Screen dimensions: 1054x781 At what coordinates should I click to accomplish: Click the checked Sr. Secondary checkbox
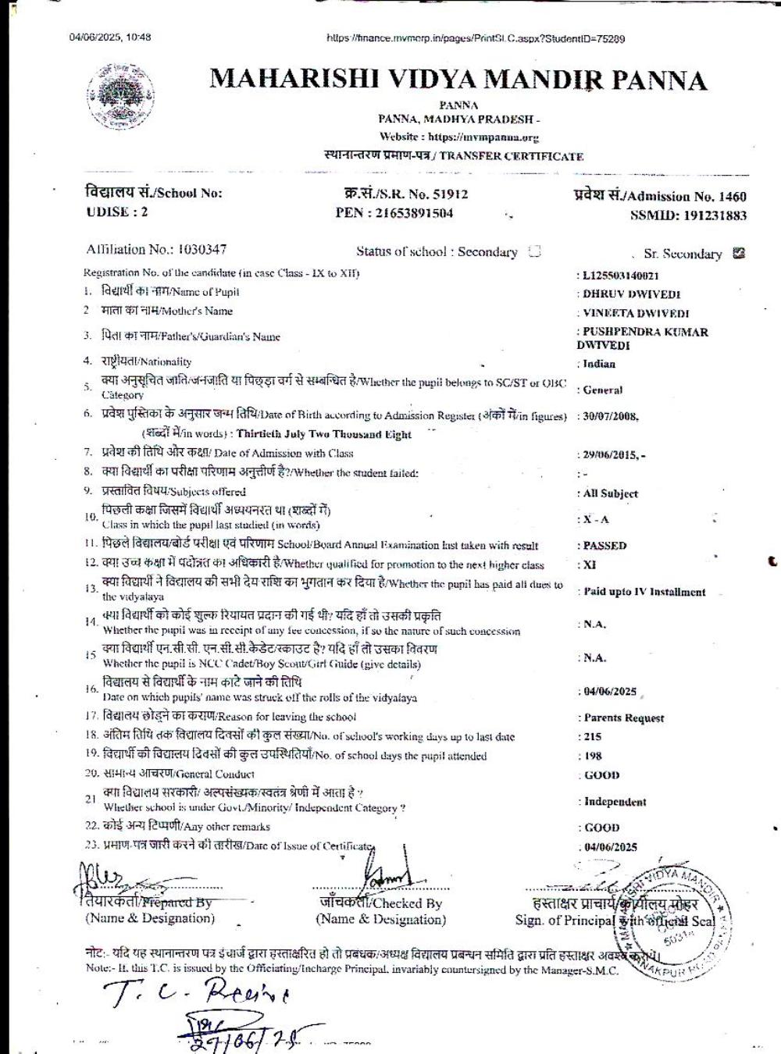click(x=739, y=253)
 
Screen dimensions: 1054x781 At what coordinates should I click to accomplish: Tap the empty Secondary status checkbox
click(x=535, y=251)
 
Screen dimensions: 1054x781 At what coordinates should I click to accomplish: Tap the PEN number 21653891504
click(x=415, y=213)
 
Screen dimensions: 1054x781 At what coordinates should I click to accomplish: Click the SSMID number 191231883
click(x=710, y=215)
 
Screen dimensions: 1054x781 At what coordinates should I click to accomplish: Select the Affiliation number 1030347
click(x=202, y=249)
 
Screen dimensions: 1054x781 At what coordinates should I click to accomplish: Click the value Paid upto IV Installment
click(x=644, y=592)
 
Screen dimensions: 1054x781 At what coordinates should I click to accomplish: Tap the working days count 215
click(x=592, y=736)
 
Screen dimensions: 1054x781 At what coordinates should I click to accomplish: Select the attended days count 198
click(x=592, y=756)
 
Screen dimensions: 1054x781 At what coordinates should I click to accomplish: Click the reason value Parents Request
click(x=624, y=718)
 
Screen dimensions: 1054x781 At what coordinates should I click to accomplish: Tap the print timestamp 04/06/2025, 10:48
click(x=110, y=37)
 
